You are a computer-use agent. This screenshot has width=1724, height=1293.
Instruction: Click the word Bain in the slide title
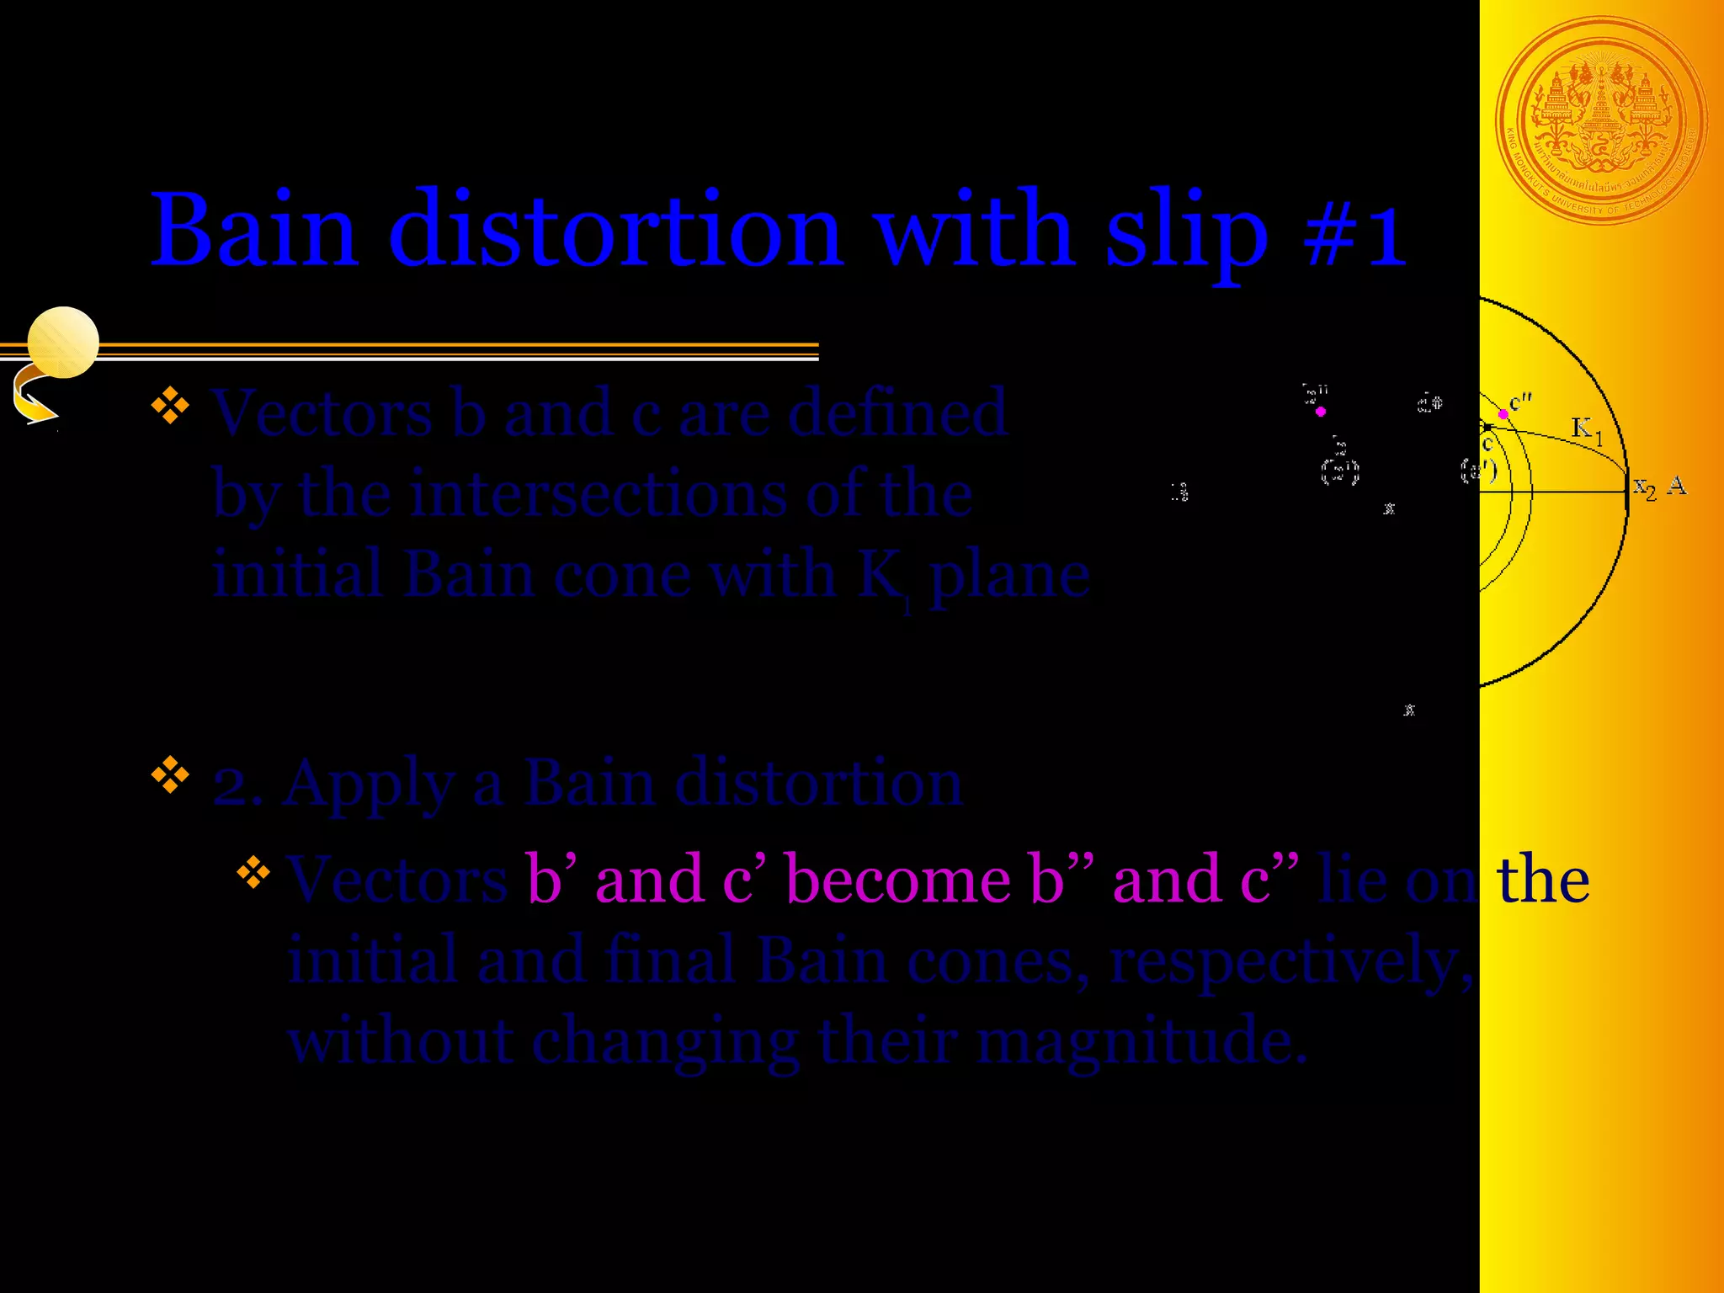pyautogui.click(x=253, y=229)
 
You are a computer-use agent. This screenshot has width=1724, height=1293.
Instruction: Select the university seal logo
pyautogui.click(x=1600, y=121)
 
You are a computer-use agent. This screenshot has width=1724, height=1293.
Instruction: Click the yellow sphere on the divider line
pyautogui.click(x=63, y=342)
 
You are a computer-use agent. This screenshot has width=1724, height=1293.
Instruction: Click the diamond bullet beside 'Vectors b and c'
pyautogui.click(x=170, y=404)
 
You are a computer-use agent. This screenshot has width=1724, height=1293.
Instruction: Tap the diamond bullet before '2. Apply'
pyautogui.click(x=170, y=775)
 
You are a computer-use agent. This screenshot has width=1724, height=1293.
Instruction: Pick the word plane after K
pyautogui.click(x=1009, y=577)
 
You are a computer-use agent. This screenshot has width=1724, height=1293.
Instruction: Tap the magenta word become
pyautogui.click(x=897, y=880)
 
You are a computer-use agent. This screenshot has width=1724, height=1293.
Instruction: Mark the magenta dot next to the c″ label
pyautogui.click(x=1503, y=414)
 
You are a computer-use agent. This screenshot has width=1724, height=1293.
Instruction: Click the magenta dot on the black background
pyautogui.click(x=1321, y=412)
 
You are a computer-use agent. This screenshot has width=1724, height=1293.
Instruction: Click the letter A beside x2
pyautogui.click(x=1677, y=486)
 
